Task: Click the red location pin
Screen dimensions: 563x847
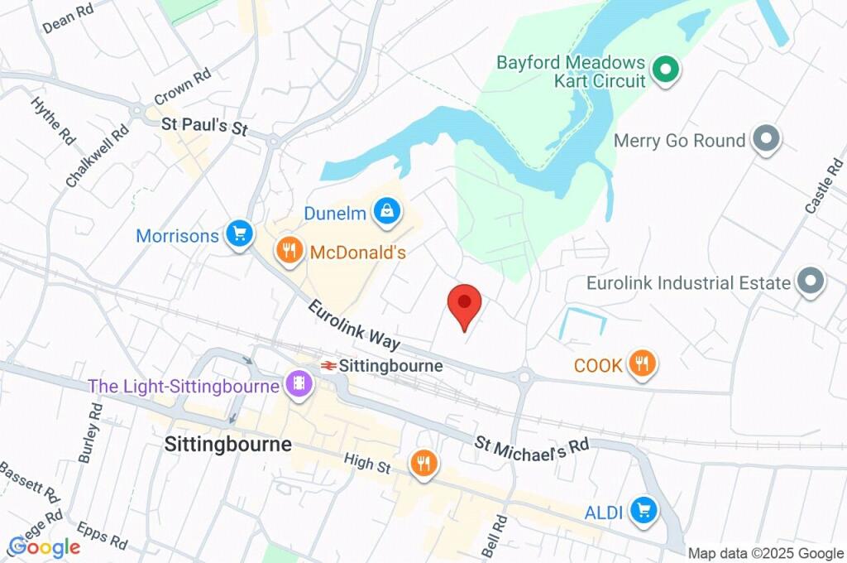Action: [x=464, y=304]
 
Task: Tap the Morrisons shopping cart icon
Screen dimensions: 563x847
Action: [x=240, y=235]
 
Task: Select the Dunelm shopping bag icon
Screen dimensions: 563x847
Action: [x=386, y=213]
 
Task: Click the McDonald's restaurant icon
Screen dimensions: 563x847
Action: [x=289, y=252]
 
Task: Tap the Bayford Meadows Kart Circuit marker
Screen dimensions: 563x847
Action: [x=663, y=70]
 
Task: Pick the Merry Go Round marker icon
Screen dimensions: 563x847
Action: [x=766, y=141]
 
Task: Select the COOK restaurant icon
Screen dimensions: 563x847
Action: [x=641, y=363]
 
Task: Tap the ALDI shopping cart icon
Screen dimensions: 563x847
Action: [x=643, y=511]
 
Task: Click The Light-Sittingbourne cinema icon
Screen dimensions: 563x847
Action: [x=298, y=384]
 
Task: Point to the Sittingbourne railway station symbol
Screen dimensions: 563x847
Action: [x=328, y=365]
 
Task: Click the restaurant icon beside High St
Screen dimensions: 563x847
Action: [x=424, y=464]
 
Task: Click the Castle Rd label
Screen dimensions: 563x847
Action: [x=821, y=188]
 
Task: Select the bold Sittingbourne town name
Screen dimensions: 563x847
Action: [x=227, y=444]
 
